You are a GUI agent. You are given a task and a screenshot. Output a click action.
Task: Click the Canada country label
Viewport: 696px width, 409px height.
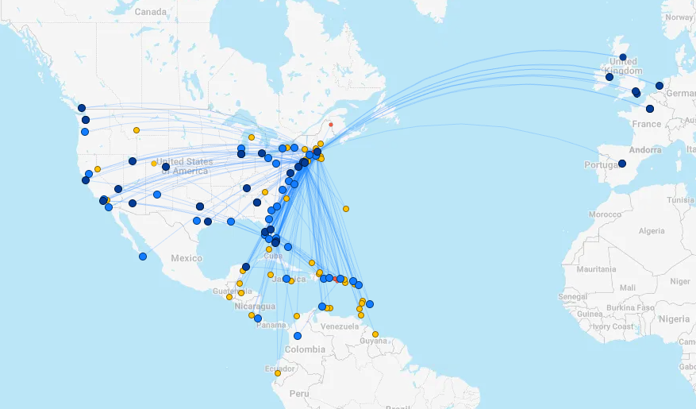(150, 12)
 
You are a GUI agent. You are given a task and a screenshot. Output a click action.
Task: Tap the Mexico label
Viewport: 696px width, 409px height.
(186, 258)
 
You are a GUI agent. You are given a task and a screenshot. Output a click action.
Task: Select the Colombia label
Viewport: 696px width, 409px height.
(305, 349)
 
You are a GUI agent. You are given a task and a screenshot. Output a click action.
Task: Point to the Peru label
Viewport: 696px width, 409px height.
(299, 393)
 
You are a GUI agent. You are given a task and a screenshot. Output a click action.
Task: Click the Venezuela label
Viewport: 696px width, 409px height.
(340, 326)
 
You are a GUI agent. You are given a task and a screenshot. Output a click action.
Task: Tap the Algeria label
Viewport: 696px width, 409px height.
(652, 230)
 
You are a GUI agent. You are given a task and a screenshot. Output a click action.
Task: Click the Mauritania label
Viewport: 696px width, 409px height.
(596, 269)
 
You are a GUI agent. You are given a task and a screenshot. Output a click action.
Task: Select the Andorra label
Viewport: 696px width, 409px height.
(644, 149)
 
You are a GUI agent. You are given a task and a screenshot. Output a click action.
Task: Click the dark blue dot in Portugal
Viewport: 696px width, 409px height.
(622, 164)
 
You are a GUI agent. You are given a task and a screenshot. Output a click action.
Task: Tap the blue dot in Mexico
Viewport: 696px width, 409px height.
(143, 256)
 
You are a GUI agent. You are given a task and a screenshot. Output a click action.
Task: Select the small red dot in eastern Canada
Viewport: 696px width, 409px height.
(331, 124)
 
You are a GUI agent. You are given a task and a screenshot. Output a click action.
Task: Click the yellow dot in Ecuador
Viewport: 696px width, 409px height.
(278, 372)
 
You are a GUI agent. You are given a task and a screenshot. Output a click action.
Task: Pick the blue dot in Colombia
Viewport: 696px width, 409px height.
(298, 336)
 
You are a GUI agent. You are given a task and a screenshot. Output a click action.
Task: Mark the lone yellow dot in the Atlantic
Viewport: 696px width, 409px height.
(346, 209)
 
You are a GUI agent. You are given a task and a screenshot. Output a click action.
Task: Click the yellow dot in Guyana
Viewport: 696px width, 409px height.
(375, 334)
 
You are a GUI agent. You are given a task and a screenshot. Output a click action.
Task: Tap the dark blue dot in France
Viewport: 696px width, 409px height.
(650, 109)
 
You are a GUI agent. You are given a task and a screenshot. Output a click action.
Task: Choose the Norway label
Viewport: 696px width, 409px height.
(679, 17)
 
